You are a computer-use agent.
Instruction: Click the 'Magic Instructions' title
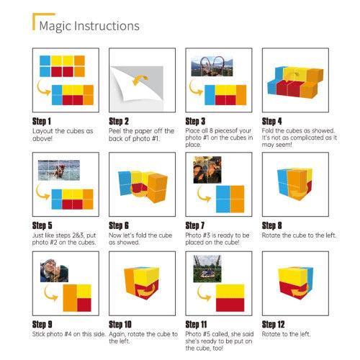pos(89,26)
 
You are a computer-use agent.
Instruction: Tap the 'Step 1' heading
pos(42,121)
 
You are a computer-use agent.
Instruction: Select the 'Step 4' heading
pos(271,121)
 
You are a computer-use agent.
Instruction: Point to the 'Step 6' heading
pos(119,225)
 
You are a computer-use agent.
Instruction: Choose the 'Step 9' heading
pos(42,325)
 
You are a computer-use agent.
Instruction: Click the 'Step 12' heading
pos(273,325)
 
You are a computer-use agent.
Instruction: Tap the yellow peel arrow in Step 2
pos(140,80)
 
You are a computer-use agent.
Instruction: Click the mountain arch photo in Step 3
pos(212,66)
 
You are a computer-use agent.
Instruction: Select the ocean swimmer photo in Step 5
pos(59,170)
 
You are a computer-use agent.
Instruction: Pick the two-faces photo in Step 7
pos(207,170)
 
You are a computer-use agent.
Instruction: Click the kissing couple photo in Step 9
pos(54,271)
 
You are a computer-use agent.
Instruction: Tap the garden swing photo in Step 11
pos(207,269)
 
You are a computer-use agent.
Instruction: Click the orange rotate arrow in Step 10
pos(145,292)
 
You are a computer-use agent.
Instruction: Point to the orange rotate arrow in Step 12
pos(297,292)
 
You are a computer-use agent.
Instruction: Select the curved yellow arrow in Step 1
pos(43,88)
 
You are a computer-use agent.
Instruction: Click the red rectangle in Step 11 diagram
pos(230,305)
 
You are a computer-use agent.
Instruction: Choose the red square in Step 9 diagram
pos(84,305)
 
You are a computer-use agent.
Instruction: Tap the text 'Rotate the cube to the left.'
pos(299,235)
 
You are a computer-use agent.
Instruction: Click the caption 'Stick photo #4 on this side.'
pos(69,334)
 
